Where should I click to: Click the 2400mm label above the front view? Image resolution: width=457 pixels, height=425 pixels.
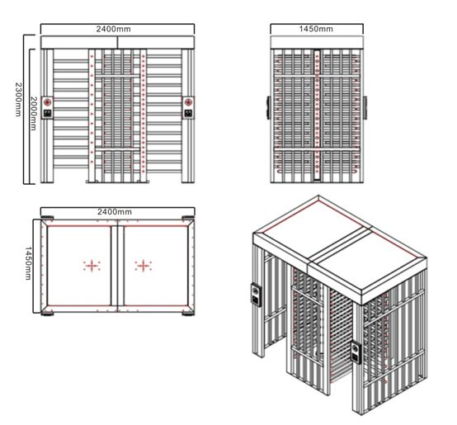[113, 29]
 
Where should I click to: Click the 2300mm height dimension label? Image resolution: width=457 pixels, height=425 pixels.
[18, 99]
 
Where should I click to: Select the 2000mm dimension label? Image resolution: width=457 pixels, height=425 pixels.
[34, 113]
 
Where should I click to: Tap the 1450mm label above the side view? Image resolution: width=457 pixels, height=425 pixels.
[316, 29]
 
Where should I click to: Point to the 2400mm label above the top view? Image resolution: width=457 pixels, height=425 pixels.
[115, 211]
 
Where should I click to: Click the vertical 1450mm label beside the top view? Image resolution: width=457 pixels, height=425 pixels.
[28, 263]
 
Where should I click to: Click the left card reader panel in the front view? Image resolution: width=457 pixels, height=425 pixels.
[47, 108]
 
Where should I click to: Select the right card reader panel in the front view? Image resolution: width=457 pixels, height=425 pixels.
[188, 108]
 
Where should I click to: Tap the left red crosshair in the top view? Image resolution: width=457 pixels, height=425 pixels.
[92, 266]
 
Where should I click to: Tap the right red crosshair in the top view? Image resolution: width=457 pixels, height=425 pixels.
[143, 266]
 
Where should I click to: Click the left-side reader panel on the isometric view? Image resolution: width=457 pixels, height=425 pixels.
[257, 295]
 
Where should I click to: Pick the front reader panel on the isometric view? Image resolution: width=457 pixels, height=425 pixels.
[356, 352]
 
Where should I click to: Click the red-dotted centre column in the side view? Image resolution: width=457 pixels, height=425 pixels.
[317, 116]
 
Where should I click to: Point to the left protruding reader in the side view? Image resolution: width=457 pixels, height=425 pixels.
[268, 107]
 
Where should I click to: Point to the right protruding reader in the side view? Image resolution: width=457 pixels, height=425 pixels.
[365, 107]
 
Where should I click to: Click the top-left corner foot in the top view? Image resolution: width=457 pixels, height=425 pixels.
[47, 218]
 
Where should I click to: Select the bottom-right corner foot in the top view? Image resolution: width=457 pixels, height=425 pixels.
[188, 314]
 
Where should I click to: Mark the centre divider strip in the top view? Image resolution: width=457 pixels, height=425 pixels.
[117, 266]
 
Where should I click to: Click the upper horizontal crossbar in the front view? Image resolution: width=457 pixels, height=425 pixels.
[117, 76]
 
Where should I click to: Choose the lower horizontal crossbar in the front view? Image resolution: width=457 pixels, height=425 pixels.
[117, 149]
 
